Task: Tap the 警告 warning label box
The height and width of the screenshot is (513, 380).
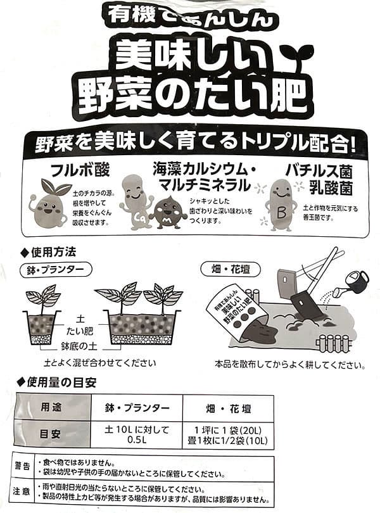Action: pos(22,467)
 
